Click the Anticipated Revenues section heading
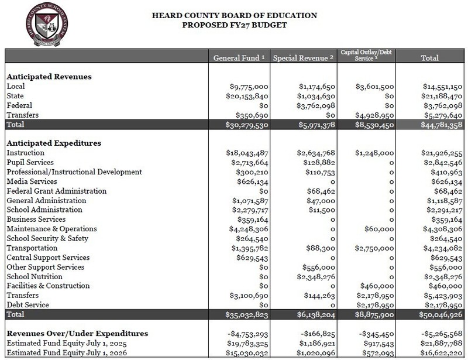tap(49, 77)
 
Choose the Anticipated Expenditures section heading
tap(54, 143)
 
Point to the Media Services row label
tap(32, 181)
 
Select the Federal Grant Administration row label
tap(56, 191)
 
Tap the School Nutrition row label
tap(35, 277)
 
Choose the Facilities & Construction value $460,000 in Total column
tap(446, 286)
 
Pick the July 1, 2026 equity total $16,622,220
tap(440, 353)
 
